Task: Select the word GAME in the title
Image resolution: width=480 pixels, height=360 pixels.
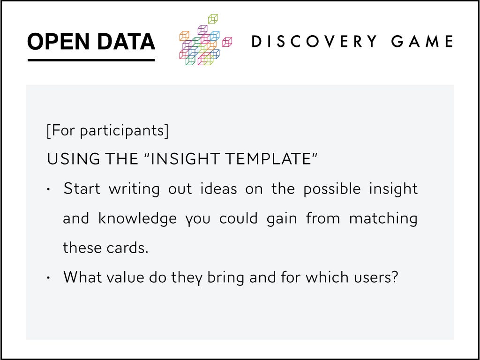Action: click(422, 41)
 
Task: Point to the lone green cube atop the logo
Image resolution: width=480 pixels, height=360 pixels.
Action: click(213, 19)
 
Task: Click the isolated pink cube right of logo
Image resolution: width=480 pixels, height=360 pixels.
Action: click(227, 42)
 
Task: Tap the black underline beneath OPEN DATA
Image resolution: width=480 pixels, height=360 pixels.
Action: click(91, 60)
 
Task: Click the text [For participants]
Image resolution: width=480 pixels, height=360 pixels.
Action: click(107, 131)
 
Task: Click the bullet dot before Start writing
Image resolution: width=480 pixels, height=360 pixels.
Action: click(48, 189)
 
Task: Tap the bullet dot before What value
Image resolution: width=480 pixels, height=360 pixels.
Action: click(48, 278)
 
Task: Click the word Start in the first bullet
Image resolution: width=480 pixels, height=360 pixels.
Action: click(82, 188)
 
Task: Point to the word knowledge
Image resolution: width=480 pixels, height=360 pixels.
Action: click(137, 218)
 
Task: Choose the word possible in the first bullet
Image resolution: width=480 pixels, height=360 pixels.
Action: click(332, 189)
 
